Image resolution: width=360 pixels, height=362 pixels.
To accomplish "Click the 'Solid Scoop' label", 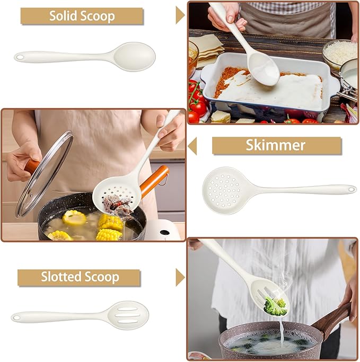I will click(82, 16).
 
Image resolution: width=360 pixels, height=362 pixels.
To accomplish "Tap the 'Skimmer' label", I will click(276, 145).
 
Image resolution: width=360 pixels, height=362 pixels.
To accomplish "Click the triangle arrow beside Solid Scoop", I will click(180, 15).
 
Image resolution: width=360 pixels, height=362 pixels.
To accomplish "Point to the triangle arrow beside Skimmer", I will click(192, 145).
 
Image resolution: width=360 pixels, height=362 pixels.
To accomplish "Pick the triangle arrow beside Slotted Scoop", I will click(180, 277).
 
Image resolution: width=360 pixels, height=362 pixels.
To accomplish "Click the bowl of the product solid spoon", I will click(135, 56).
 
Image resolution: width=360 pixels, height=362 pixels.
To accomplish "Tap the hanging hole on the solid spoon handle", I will click(20, 56).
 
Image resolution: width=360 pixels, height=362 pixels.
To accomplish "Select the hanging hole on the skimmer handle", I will click(349, 188).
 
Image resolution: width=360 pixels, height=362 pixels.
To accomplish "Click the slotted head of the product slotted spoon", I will click(129, 315).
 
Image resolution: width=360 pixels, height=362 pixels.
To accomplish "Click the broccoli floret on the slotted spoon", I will click(275, 306).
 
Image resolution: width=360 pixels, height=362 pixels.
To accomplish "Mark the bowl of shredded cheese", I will click(340, 52).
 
